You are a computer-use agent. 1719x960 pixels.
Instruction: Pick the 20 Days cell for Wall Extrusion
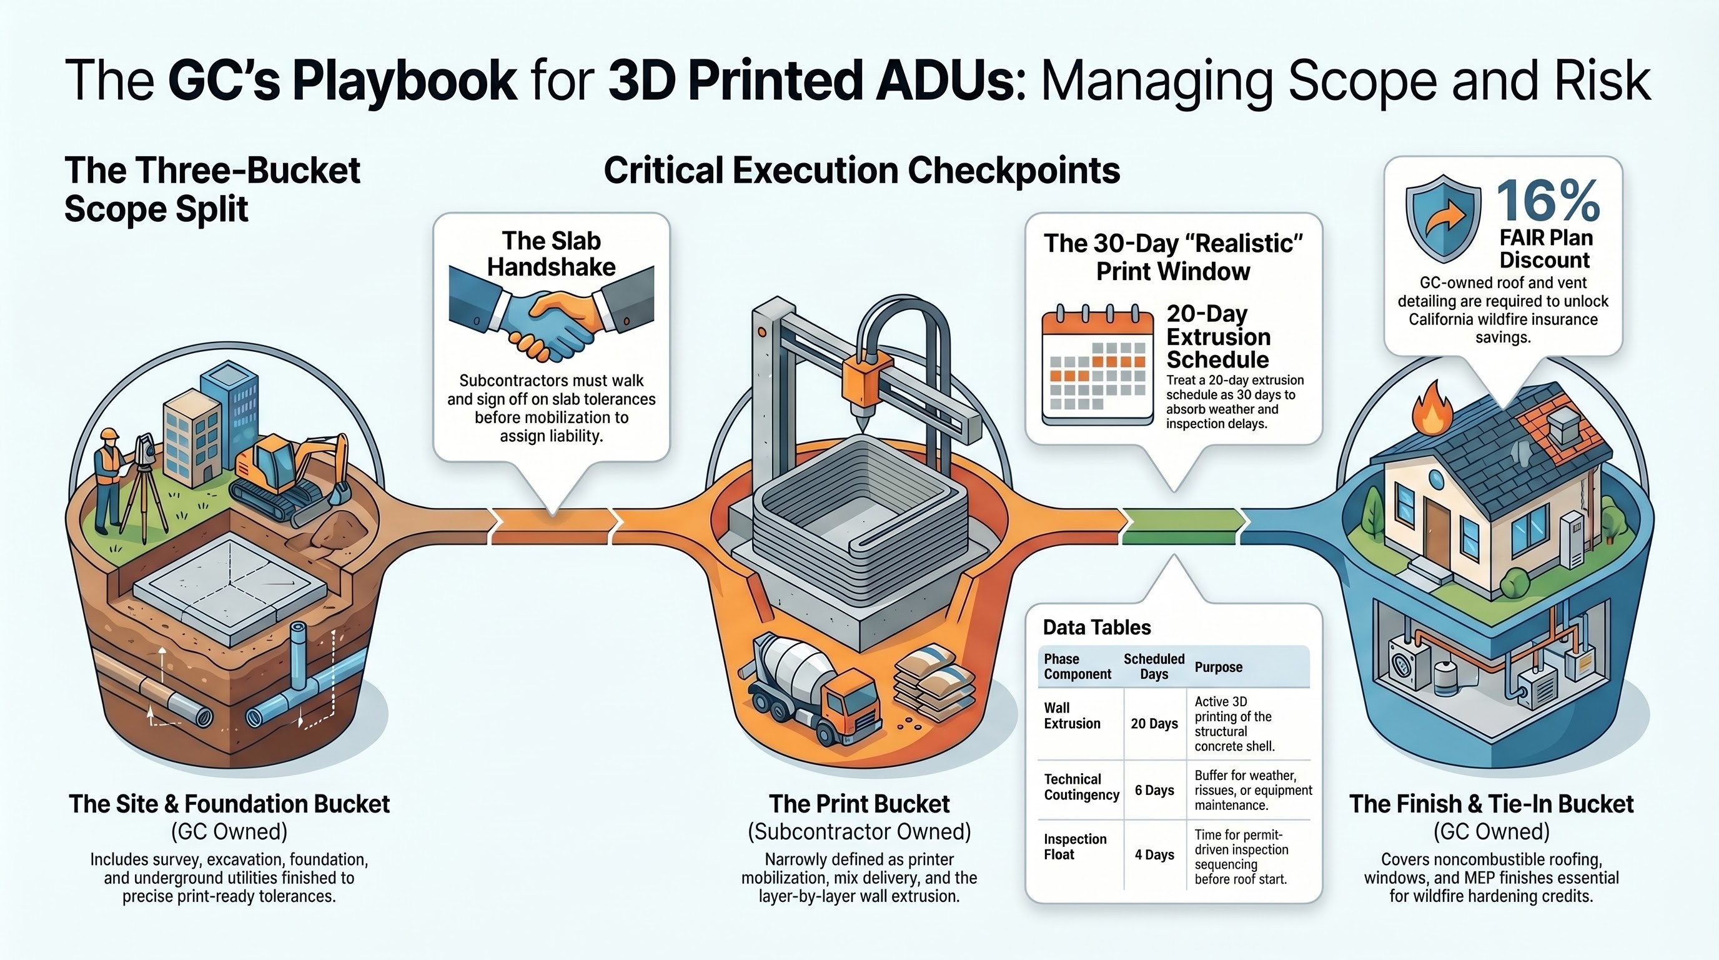coord(1154,724)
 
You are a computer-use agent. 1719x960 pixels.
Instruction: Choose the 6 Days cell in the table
coord(1154,791)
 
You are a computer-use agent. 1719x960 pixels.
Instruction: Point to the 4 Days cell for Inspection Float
coord(1154,854)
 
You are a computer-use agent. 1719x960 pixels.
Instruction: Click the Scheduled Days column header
coord(1154,666)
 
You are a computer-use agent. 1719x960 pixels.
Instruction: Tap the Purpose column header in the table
coord(1218,667)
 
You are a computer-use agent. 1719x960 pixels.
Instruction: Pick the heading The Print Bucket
coord(859,804)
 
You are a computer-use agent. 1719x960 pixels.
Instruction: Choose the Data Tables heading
coord(1096,627)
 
